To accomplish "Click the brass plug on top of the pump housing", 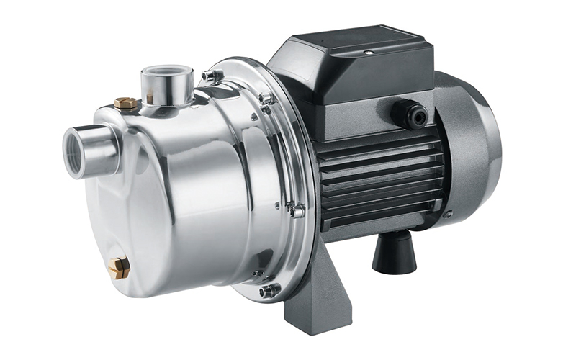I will [126, 104].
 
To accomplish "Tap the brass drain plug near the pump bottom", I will [120, 267].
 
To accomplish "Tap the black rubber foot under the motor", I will [394, 253].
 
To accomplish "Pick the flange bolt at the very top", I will [210, 74].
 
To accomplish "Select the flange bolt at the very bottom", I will [270, 290].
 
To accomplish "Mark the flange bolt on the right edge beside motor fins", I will [296, 210].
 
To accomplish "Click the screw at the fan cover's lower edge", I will [448, 214].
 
